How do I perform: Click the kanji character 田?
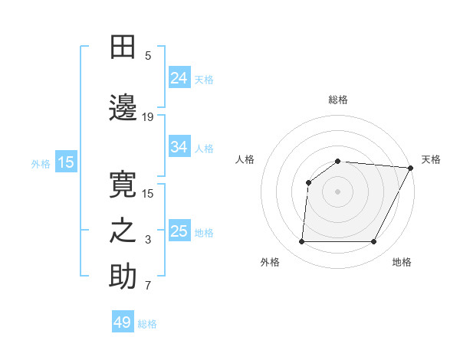pos(123,47)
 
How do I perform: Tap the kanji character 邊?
pos(123,109)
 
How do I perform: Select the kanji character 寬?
pos(123,185)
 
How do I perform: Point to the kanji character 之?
pos(123,232)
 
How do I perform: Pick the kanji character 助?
pos(123,277)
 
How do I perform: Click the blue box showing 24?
pos(179,78)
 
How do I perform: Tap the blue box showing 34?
pos(179,147)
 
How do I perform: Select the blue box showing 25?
pos(179,231)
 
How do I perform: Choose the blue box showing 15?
pos(66,162)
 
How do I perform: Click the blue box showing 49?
pos(123,323)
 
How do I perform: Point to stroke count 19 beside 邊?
pos(148,117)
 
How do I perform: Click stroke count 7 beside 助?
pos(148,286)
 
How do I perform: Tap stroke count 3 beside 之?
pos(148,241)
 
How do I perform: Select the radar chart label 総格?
pos(338,100)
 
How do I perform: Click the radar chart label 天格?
pos(431,159)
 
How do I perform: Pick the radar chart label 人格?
pos(245,159)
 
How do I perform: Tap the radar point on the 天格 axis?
pos(411,168)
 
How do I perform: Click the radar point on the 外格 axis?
pos(301,242)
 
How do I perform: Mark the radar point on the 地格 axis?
pos(374,242)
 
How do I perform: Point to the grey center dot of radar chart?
pos(338,191)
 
